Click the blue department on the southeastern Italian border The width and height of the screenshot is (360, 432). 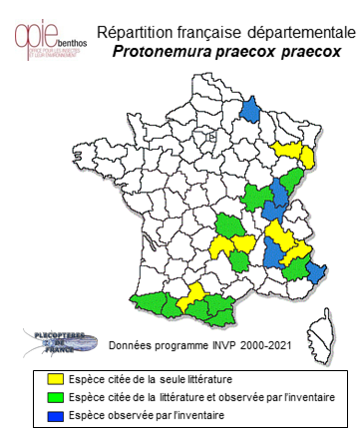pyautogui.click(x=316, y=271)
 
